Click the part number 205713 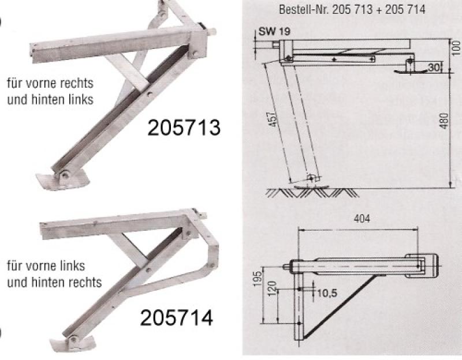click(184, 127)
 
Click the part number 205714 click(177, 318)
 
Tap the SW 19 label click(274, 31)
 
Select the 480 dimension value click(445, 121)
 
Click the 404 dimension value click(362, 219)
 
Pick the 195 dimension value click(258, 278)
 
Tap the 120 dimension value click(273, 288)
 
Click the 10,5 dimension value click(327, 293)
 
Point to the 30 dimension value click(433, 67)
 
